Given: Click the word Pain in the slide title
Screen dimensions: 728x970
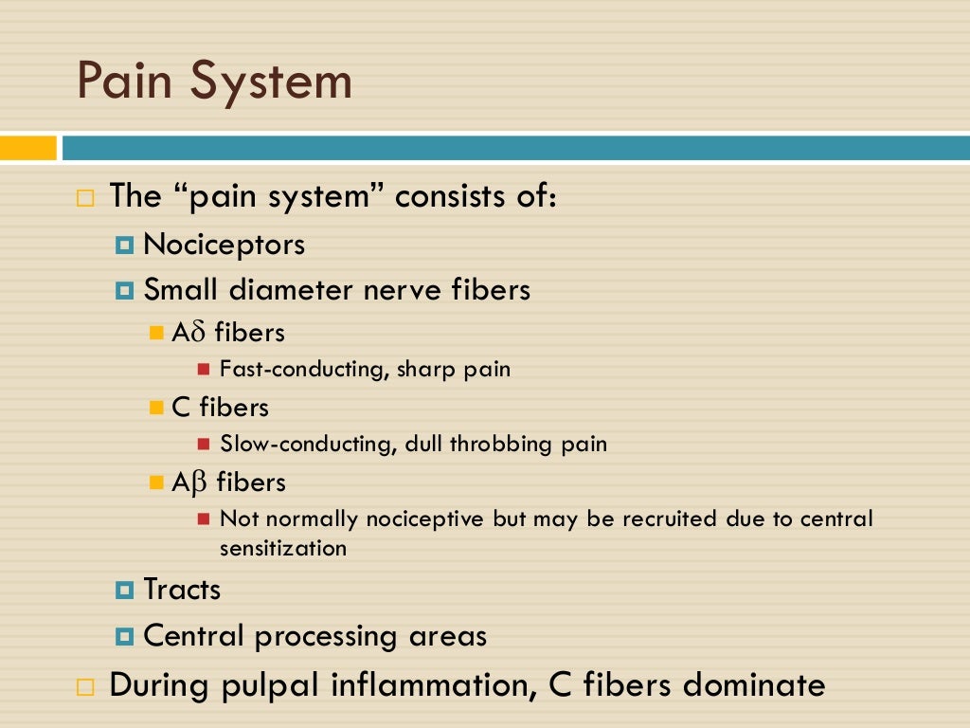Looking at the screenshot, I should click(x=123, y=82).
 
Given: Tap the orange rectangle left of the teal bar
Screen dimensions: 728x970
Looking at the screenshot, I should click(x=28, y=148).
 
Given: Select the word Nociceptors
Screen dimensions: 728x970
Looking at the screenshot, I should click(x=224, y=245).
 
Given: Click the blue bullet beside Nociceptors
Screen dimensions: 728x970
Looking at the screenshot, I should click(x=124, y=246).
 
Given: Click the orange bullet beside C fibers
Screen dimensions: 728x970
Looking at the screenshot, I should click(x=157, y=408).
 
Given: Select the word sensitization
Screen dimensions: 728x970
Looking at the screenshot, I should click(x=282, y=548).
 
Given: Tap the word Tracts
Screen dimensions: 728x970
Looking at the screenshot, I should click(x=182, y=590).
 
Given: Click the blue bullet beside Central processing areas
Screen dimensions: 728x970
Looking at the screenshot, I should click(x=124, y=636).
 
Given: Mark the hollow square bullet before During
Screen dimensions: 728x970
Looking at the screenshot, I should click(x=86, y=686).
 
